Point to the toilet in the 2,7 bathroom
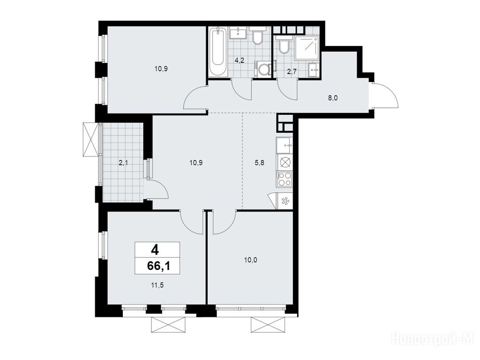[284, 45]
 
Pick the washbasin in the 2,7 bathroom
[314, 70]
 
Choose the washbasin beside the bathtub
[238, 33]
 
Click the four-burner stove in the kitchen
[285, 180]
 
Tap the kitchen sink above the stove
[285, 145]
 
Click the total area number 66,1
[158, 266]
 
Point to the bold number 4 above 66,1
[155, 251]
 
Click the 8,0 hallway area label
[332, 98]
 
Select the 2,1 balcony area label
[123, 163]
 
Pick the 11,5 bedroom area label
[157, 285]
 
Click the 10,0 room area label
[250, 260]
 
